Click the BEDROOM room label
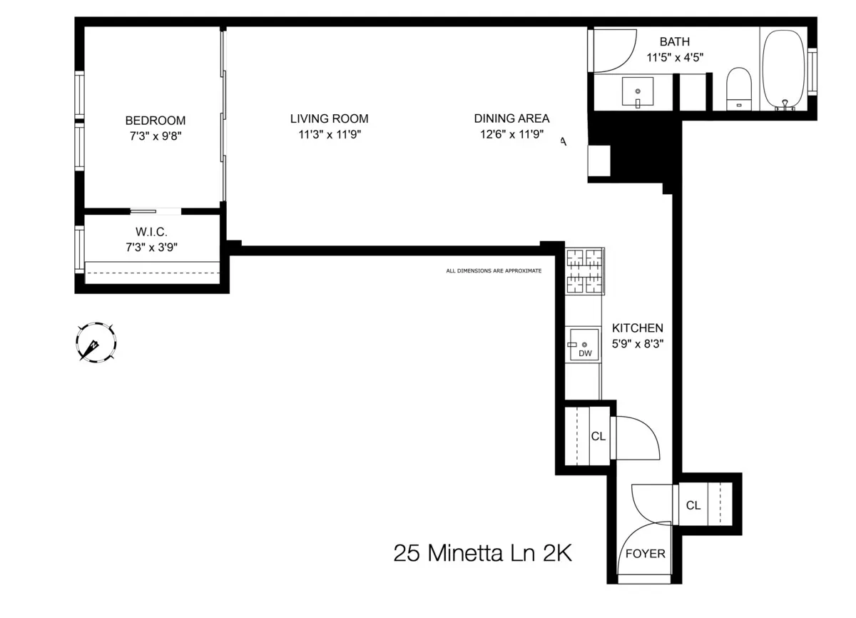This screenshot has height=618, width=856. (x=155, y=121)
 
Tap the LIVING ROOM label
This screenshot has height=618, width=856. (x=329, y=119)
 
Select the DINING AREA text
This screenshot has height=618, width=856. (x=511, y=119)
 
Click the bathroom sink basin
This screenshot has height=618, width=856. (x=638, y=92)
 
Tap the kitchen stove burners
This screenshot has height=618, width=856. (x=585, y=271)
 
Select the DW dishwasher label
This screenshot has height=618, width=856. (x=585, y=353)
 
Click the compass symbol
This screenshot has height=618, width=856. (x=95, y=343)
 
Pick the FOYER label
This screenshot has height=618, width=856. (x=645, y=554)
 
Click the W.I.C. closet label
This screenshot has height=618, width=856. (x=151, y=233)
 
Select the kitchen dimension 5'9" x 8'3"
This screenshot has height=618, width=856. (x=638, y=343)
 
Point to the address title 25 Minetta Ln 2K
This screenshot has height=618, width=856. (x=483, y=554)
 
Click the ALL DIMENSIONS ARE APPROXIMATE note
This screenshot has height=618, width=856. (x=494, y=271)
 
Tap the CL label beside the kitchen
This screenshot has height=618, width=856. (x=598, y=436)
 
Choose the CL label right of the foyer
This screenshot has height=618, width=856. (x=693, y=505)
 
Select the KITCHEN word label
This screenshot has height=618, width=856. (x=638, y=328)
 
